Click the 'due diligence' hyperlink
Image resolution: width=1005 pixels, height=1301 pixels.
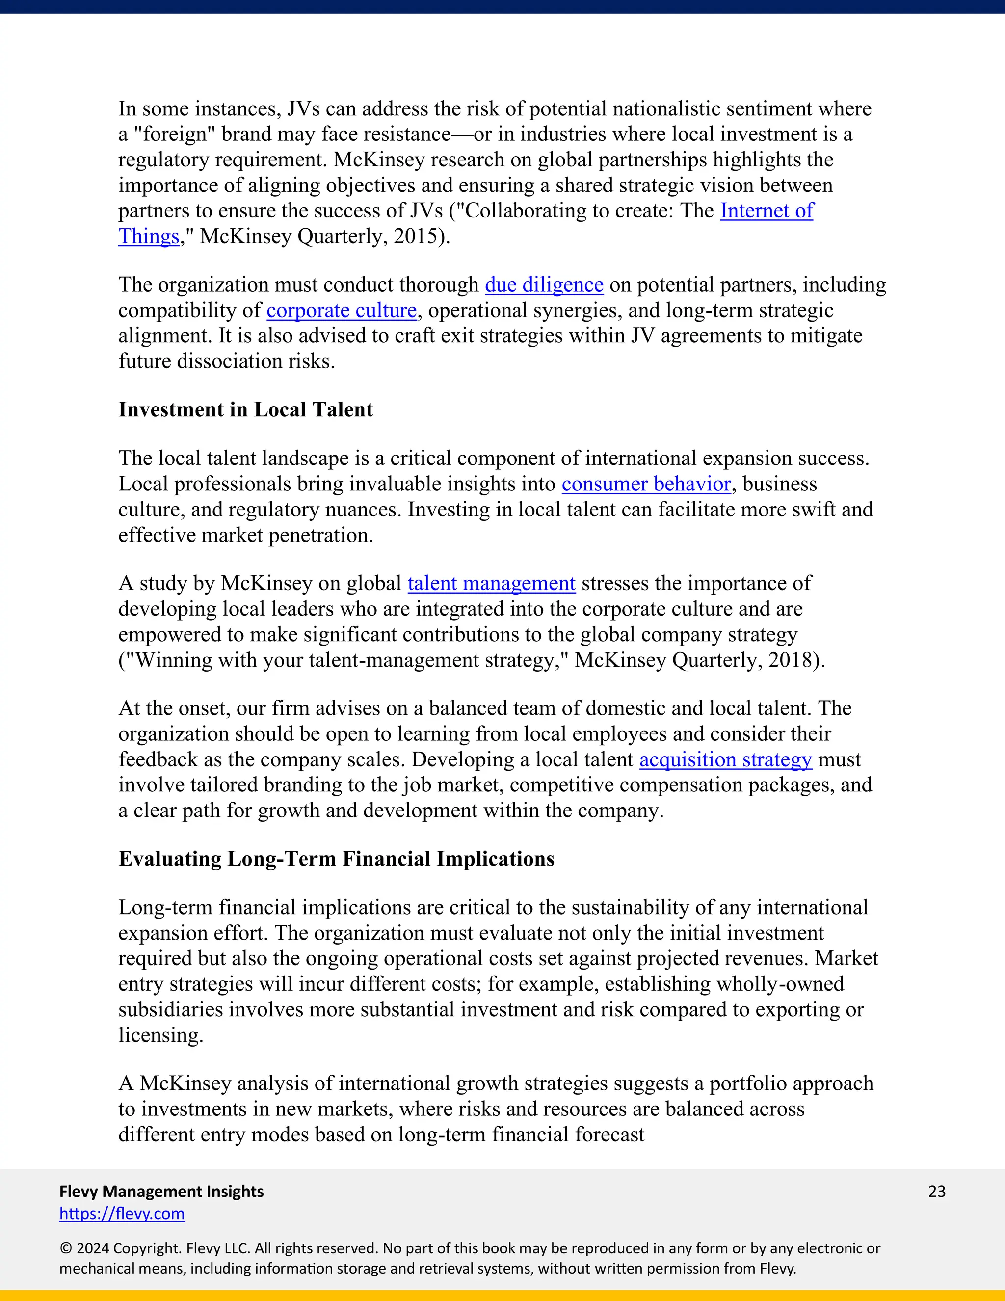pos(544,285)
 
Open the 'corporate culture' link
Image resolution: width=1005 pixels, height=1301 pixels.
pos(341,310)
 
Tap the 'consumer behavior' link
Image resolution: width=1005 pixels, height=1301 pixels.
pos(646,484)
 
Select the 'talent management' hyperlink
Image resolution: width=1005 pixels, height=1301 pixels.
pos(491,583)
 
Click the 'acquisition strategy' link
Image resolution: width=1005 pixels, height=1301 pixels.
pos(725,759)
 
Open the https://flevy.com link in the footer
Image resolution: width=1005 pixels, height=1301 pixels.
pos(122,1214)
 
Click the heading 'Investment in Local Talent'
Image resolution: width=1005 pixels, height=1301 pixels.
pos(245,410)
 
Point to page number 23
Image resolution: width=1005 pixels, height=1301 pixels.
pos(936,1192)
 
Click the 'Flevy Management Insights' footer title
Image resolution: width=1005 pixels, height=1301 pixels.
pos(161,1192)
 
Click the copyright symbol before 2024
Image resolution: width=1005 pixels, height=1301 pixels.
pos(65,1248)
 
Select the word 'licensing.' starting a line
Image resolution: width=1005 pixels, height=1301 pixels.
pos(161,1035)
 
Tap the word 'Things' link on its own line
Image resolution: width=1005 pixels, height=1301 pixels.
pos(149,237)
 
